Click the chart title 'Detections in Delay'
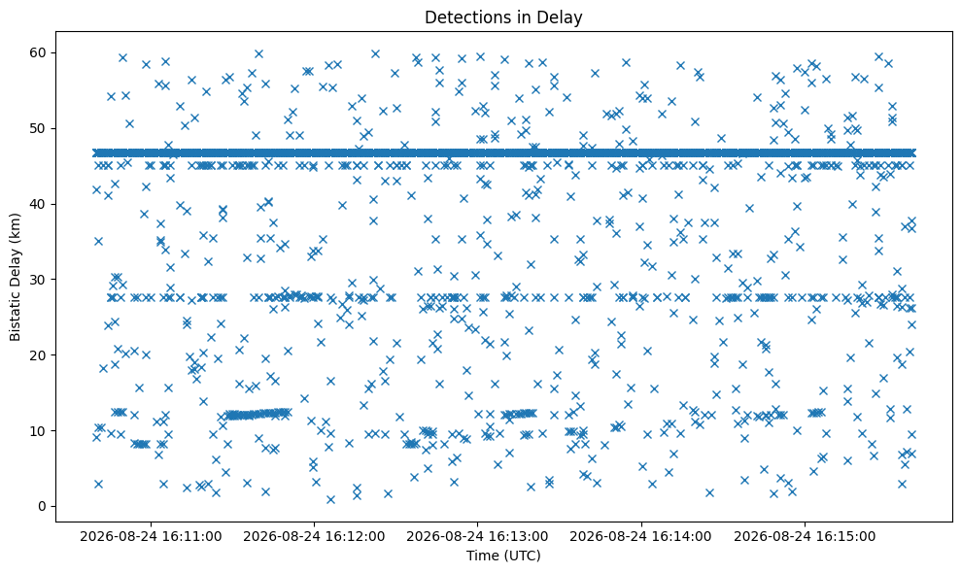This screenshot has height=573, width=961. [503, 17]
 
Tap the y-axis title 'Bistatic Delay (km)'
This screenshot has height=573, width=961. [16, 277]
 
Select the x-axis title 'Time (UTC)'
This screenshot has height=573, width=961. [503, 556]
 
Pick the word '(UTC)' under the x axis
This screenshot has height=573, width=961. [522, 556]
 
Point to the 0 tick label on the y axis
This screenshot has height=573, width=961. [43, 507]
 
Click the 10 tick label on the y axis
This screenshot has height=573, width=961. [39, 431]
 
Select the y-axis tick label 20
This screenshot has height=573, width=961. [39, 355]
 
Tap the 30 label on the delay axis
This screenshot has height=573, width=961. [39, 280]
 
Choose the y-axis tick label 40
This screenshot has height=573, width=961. [39, 204]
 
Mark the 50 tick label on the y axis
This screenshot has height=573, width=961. [39, 129]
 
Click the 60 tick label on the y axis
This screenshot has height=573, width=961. [39, 52]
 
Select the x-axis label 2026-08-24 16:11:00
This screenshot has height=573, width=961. [151, 537]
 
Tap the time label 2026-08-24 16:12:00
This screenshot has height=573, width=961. [315, 537]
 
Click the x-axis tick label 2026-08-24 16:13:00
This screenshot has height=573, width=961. [477, 537]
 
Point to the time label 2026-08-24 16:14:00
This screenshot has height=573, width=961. [641, 537]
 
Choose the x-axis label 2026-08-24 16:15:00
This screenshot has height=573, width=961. [805, 537]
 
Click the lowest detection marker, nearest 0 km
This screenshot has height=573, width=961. [331, 499]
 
